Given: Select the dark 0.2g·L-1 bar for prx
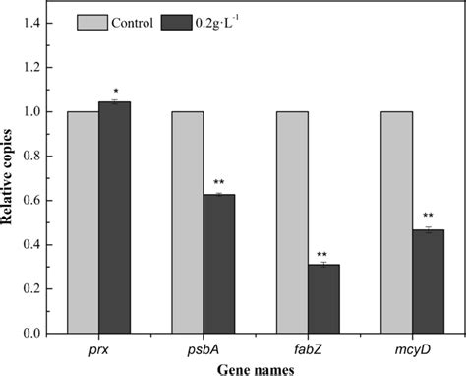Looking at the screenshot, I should tap(115, 218).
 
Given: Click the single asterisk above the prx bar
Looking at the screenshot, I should tap(115, 92).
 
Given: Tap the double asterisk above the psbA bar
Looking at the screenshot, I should tap(219, 183).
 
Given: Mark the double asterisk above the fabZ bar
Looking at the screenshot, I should tap(323, 253).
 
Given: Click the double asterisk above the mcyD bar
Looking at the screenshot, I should tap(428, 217).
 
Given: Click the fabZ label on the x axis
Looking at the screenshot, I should tap(307, 350).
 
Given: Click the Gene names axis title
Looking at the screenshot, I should tap(256, 367).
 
